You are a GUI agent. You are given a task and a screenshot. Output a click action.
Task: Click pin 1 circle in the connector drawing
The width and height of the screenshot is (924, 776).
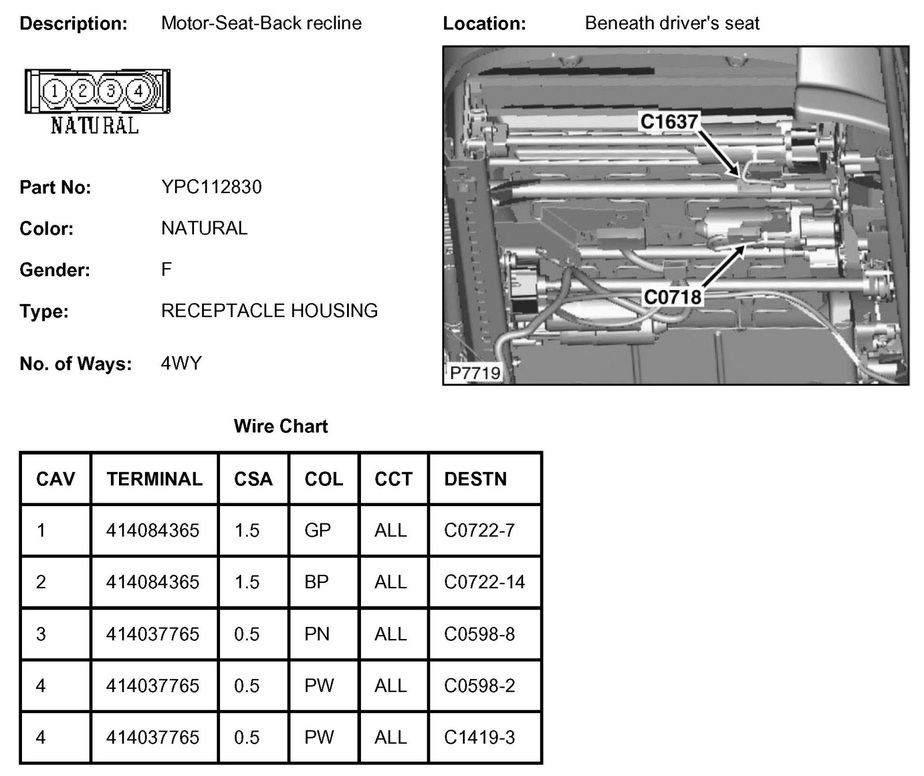(54, 91)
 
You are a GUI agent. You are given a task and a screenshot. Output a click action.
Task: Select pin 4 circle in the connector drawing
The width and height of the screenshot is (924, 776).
(139, 91)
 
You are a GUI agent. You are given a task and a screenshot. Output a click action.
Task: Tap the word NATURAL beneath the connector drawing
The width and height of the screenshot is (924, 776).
(95, 125)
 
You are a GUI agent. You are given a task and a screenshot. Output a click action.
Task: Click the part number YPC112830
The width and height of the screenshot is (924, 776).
(211, 187)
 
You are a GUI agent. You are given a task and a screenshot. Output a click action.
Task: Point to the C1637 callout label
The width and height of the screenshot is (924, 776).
(669, 121)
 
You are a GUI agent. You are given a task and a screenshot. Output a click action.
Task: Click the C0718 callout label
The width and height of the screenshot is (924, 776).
(672, 297)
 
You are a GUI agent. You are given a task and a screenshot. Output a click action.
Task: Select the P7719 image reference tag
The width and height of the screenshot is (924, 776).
(475, 373)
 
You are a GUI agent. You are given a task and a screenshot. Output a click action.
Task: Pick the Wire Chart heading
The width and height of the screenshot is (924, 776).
(281, 426)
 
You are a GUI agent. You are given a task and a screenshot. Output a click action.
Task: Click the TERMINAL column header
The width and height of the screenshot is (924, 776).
(154, 479)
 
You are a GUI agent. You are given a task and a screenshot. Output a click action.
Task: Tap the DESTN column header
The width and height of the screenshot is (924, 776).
(475, 479)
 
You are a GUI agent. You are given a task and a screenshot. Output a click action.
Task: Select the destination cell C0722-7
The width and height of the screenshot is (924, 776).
(479, 530)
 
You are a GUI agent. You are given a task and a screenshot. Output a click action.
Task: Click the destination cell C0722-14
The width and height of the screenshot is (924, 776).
(484, 582)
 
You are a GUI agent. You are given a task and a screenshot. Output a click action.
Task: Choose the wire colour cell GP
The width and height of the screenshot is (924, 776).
(318, 530)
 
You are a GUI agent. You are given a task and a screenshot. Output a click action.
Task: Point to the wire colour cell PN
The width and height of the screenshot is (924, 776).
(317, 634)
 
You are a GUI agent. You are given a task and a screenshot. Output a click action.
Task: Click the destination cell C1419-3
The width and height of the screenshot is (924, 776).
(479, 737)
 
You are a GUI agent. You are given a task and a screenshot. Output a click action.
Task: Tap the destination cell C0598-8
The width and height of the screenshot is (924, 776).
(479, 634)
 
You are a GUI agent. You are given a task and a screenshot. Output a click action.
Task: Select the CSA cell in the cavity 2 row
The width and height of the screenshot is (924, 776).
(247, 582)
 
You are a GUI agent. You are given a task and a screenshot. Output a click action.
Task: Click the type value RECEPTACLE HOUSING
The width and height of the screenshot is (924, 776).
(269, 311)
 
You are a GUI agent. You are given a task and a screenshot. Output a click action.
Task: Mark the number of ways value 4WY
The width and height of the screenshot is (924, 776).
(181, 363)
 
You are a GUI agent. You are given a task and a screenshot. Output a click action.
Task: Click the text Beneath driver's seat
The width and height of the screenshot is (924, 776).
(672, 23)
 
